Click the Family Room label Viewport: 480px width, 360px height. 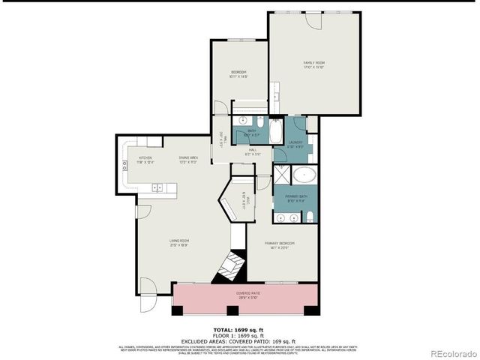(313, 64)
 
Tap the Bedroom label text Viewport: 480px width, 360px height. (238, 73)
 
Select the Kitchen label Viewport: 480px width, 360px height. (145, 159)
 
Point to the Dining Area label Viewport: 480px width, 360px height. (188, 159)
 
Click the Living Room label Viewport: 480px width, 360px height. (178, 242)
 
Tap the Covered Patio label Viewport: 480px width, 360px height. (248, 295)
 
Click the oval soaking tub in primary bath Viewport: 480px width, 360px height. (304, 178)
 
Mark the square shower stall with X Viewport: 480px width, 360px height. (282, 177)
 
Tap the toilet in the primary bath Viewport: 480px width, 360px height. (309, 218)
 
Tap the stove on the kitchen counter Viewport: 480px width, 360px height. (121, 168)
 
